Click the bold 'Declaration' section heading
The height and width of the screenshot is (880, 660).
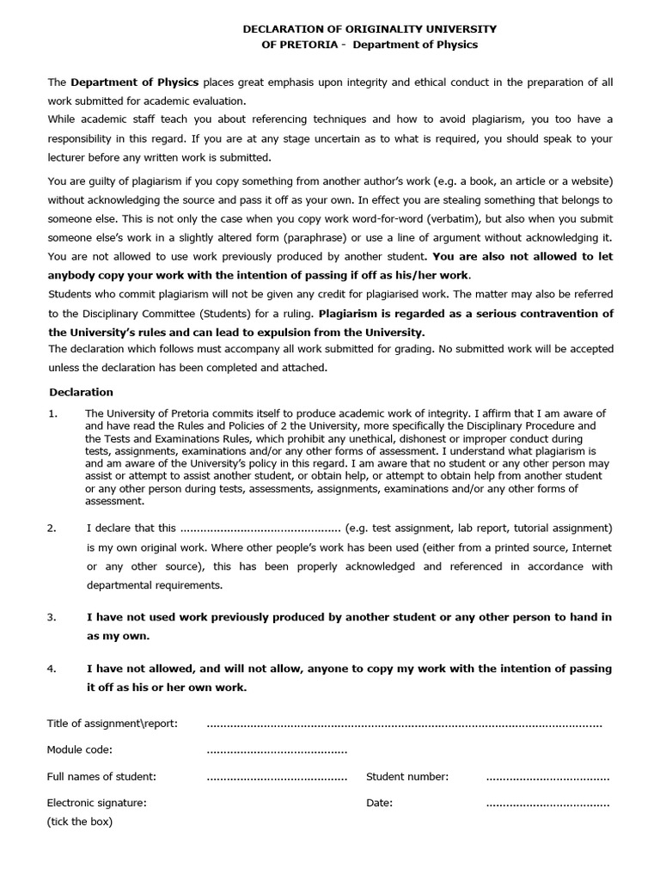(81, 392)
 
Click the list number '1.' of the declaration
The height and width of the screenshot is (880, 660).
(52, 414)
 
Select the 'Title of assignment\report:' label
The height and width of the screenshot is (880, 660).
(113, 724)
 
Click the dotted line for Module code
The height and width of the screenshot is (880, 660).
(277, 750)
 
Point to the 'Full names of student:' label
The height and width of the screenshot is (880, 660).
(101, 777)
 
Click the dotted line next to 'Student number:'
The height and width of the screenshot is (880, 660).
(547, 778)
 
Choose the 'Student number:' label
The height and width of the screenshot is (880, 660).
(407, 777)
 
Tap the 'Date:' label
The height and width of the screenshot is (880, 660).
(380, 804)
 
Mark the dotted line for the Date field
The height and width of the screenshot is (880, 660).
(547, 804)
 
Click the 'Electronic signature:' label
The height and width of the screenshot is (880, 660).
(96, 804)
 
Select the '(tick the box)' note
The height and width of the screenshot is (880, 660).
(79, 822)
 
